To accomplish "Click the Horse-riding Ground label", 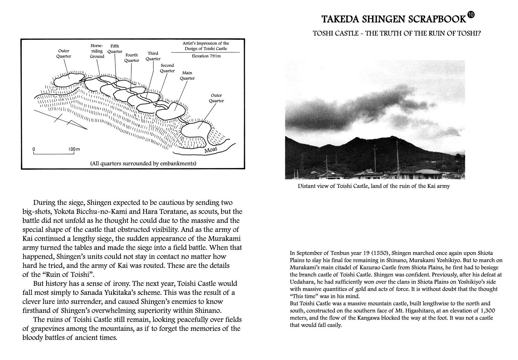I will click(97, 51).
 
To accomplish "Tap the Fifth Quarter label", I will click(115, 49).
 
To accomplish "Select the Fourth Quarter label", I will click(132, 58).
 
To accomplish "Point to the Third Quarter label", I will click(153, 56).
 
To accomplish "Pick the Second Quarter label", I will click(167, 68).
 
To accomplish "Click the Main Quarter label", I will click(187, 76).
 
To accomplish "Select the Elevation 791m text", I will click(206, 56).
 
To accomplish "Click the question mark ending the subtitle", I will click(479, 33).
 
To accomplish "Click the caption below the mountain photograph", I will click(374, 186).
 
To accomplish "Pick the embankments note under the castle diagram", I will click(143, 163).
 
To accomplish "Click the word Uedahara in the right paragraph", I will click(301, 282).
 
